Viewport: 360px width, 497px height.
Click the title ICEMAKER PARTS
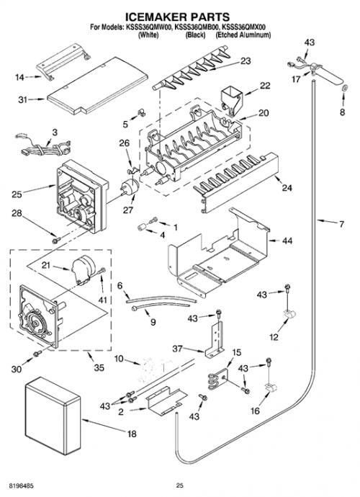[177, 17]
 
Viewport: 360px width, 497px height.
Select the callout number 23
[246, 61]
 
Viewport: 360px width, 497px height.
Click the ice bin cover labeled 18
[53, 416]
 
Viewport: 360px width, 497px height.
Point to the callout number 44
[287, 241]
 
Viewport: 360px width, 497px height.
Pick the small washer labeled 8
[346, 88]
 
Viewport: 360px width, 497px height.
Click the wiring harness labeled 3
[42, 148]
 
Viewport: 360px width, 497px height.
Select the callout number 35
[99, 367]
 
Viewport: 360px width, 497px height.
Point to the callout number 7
[341, 225]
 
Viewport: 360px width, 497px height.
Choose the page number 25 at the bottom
[180, 485]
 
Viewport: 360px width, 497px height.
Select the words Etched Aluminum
[243, 35]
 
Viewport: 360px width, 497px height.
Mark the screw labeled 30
[37, 353]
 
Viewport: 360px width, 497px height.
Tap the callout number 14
[19, 77]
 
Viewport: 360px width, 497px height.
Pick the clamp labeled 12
[289, 315]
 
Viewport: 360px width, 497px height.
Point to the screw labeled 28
[56, 241]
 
